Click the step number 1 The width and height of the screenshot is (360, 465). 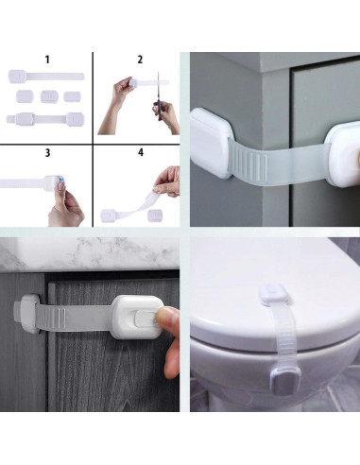[47, 60]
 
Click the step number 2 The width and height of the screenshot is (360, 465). [140, 60]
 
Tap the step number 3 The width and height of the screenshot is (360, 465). [47, 153]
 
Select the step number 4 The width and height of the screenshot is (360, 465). [141, 152]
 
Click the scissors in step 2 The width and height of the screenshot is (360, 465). [159, 95]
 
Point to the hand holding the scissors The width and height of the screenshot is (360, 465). [167, 116]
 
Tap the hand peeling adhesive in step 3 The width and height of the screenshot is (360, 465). [65, 205]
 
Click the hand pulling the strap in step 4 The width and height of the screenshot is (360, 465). [167, 181]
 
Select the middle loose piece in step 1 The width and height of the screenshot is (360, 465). [49, 96]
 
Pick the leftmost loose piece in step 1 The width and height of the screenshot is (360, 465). [25, 96]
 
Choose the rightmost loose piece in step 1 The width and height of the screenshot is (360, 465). [73, 96]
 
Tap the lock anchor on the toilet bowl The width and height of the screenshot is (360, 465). [285, 380]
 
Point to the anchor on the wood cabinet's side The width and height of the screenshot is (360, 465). [26, 314]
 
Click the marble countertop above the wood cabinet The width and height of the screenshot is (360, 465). [90, 253]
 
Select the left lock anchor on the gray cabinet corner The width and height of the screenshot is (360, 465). [210, 143]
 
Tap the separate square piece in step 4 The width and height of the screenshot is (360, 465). [155, 215]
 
